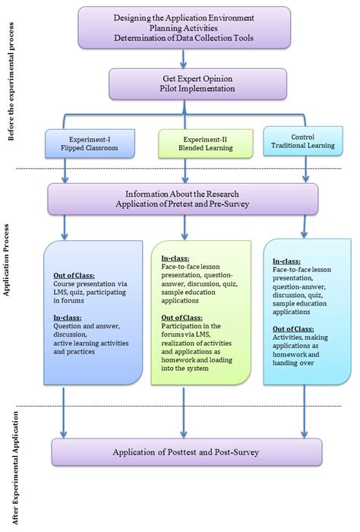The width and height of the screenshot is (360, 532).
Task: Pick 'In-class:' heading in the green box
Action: [174, 258]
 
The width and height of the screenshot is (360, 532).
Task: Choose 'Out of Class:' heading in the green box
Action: [181, 318]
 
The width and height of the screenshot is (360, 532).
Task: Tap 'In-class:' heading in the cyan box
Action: [286, 261]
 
